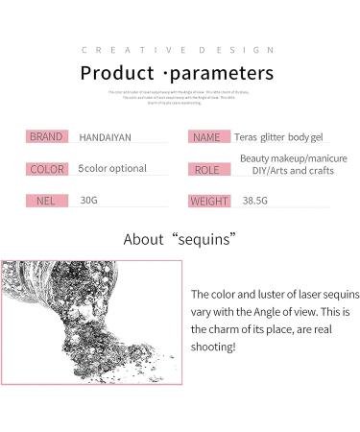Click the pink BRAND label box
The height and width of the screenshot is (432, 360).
tap(46, 137)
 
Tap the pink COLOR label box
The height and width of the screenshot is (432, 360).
tap(46, 169)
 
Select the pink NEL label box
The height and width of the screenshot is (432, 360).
tap(46, 202)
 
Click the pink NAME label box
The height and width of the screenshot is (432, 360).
tap(205, 137)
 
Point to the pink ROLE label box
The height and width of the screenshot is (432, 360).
tap(205, 170)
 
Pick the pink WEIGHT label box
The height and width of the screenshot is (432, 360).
tap(208, 202)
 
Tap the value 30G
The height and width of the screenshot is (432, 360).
tap(88, 202)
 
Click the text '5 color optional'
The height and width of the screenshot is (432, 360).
tap(112, 169)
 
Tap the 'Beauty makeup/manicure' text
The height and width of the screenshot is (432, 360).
tap(293, 158)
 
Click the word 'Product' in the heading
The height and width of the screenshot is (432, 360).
tap(117, 73)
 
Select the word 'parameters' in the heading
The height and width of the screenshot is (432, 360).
tap(223, 73)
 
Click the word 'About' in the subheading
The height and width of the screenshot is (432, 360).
tap(144, 239)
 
